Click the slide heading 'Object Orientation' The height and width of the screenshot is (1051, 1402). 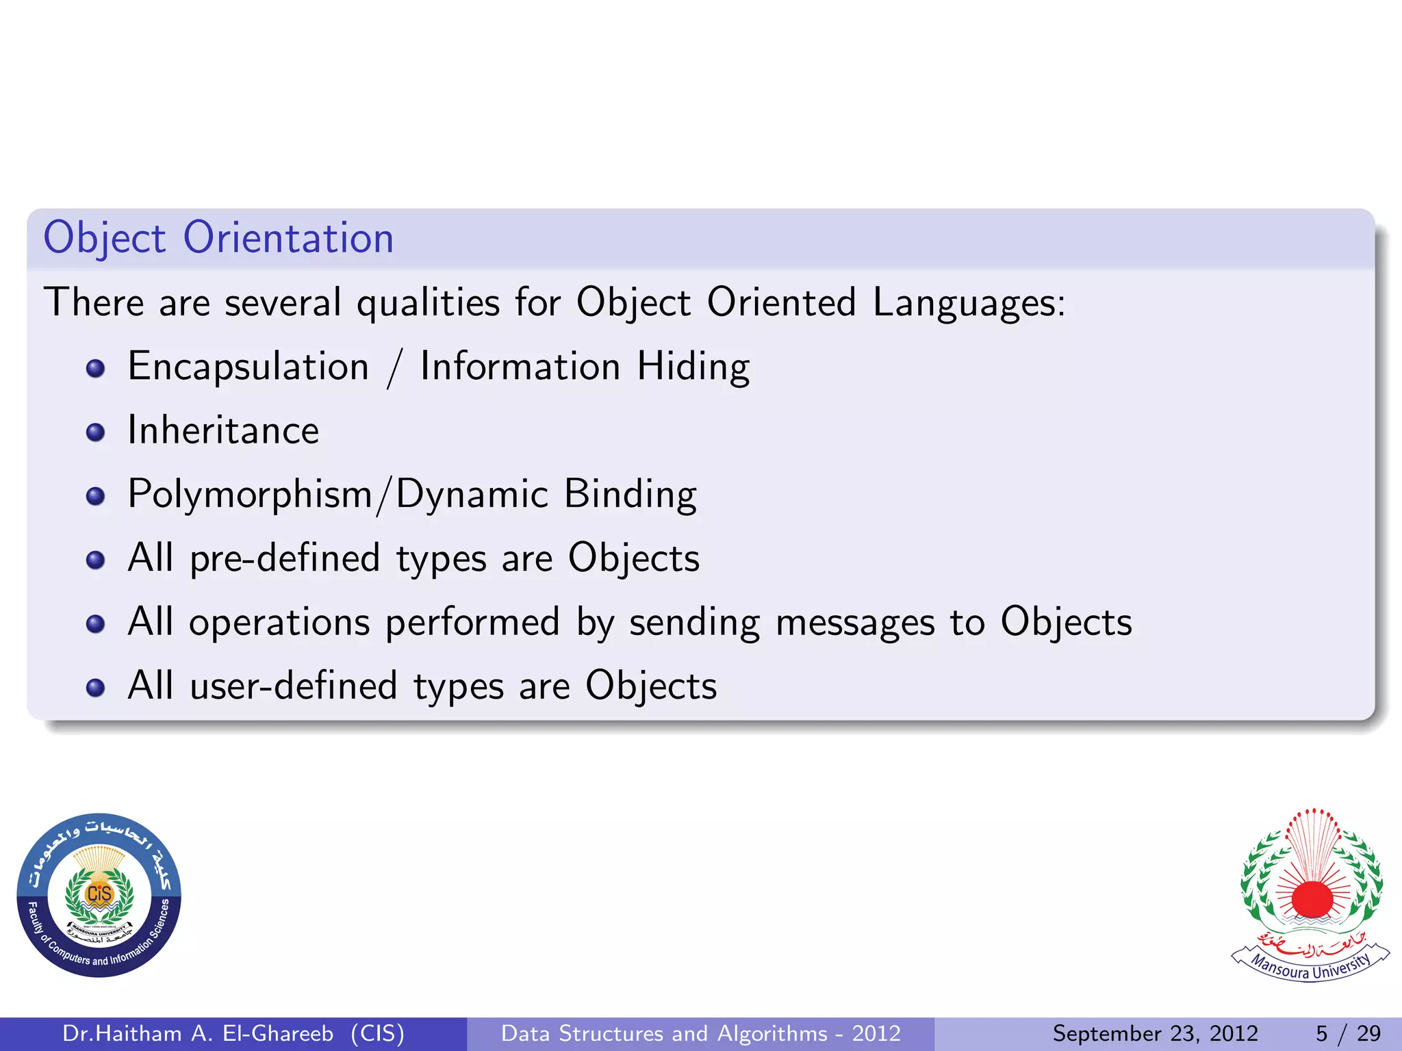click(x=218, y=238)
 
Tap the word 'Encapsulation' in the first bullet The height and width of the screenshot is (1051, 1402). click(x=248, y=367)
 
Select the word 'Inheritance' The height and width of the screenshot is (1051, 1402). click(x=223, y=430)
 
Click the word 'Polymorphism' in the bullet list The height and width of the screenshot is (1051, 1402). click(x=250, y=494)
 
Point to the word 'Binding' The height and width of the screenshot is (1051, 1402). click(x=630, y=494)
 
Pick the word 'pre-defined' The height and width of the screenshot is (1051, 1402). click(x=285, y=558)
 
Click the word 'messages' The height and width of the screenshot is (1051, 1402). click(x=855, y=623)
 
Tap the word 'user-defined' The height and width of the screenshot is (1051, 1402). click(x=294, y=686)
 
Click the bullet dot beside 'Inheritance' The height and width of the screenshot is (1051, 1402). click(x=96, y=432)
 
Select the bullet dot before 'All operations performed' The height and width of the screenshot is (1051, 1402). click(x=96, y=624)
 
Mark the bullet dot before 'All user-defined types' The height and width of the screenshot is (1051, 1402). click(x=96, y=688)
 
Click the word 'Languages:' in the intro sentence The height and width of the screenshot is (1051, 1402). click(x=969, y=302)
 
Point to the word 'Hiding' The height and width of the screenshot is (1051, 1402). click(x=693, y=367)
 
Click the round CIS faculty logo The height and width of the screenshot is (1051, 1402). click(x=99, y=895)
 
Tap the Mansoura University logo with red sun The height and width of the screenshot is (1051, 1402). click(x=1312, y=894)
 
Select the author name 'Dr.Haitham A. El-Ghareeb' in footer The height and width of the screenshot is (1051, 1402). click(x=198, y=1033)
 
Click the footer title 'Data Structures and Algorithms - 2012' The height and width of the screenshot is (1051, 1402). click(x=701, y=1033)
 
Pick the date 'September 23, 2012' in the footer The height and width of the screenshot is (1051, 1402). click(x=1155, y=1033)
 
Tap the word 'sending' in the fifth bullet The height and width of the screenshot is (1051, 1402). click(x=694, y=623)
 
